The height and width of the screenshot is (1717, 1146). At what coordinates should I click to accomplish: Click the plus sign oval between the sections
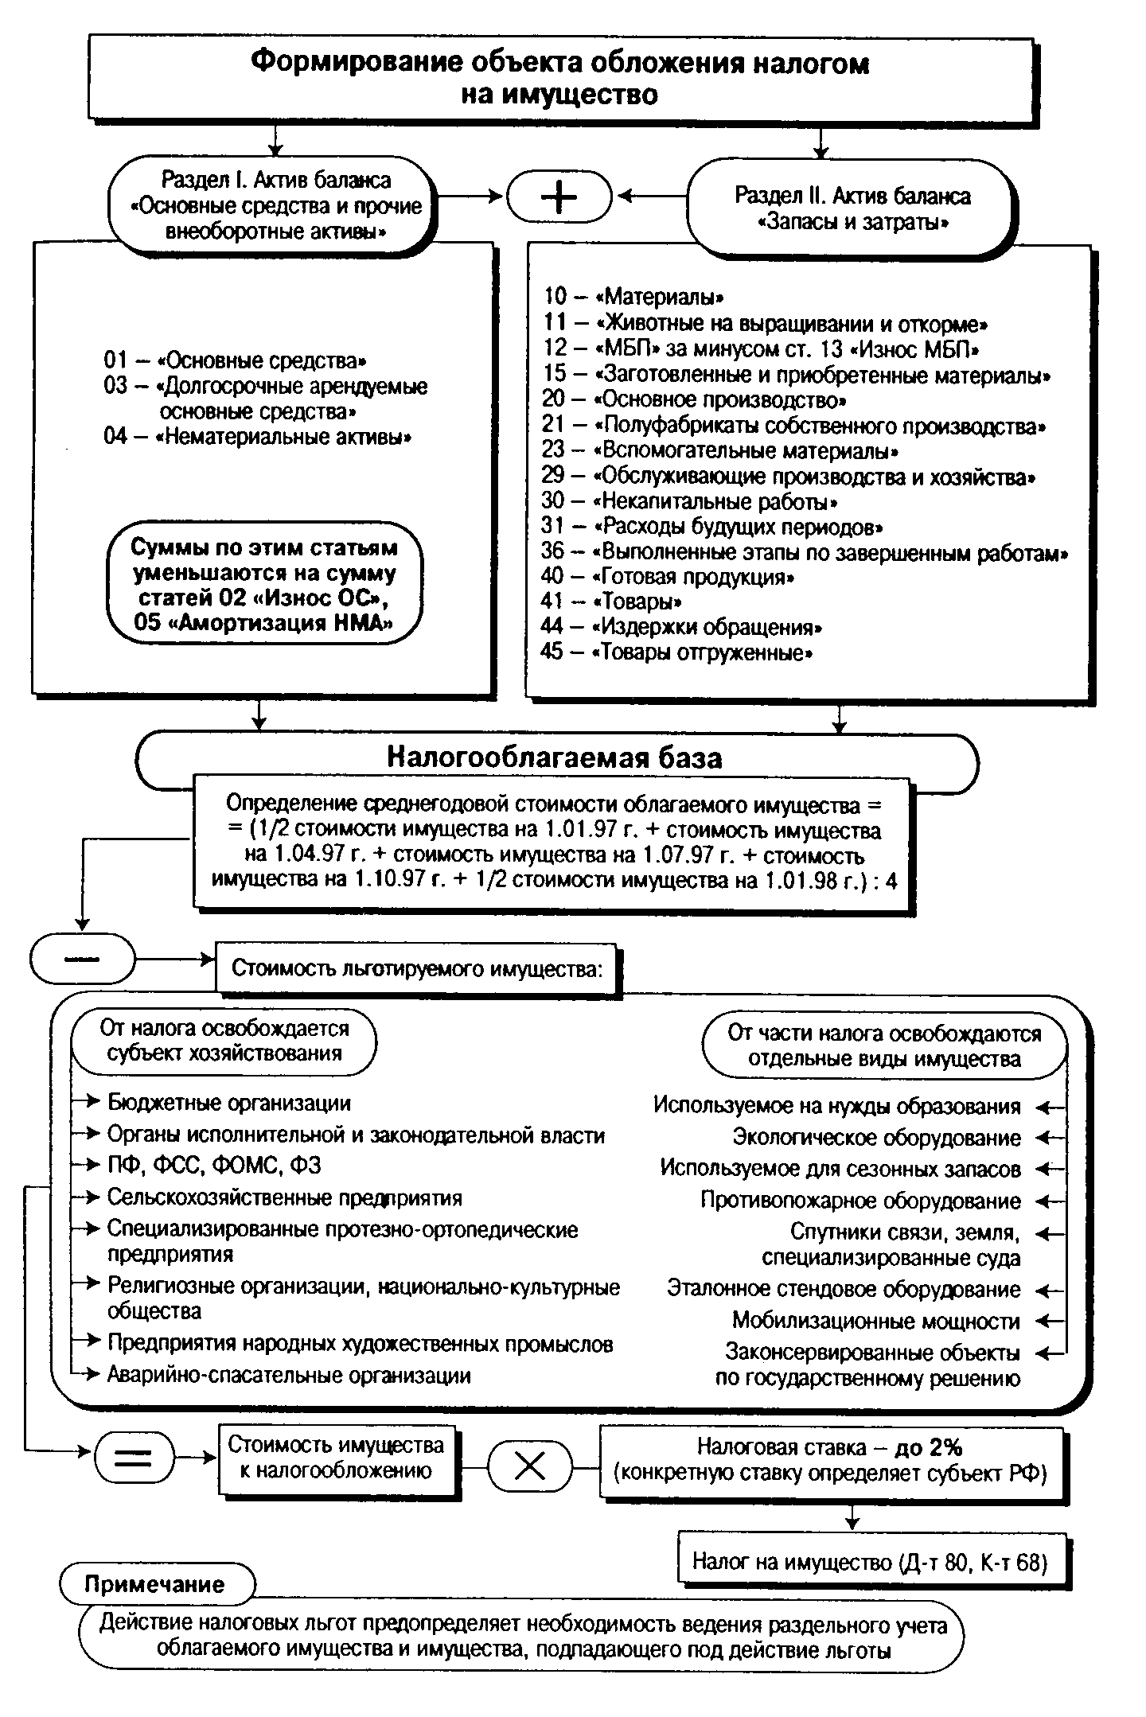(559, 197)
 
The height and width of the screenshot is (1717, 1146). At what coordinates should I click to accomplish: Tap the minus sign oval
(83, 958)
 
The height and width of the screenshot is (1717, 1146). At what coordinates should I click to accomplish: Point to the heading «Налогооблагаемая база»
(555, 757)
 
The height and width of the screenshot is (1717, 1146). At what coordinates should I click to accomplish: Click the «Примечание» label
(155, 1584)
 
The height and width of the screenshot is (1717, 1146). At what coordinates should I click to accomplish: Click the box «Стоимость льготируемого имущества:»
(417, 968)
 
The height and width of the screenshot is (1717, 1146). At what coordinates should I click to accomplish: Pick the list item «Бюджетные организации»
(229, 1104)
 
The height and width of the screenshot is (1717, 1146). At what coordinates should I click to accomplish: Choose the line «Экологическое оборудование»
(876, 1138)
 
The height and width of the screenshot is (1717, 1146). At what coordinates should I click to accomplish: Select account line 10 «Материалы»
(634, 297)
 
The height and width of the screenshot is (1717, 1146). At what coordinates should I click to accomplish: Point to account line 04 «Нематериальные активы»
(258, 437)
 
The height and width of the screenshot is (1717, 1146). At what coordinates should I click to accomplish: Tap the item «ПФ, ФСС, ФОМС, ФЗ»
(214, 1166)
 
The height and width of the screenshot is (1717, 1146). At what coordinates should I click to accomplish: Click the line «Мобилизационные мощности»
(875, 1322)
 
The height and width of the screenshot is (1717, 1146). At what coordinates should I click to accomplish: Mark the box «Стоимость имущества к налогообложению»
(336, 1458)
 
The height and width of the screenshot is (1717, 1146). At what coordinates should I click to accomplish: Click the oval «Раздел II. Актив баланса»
(852, 208)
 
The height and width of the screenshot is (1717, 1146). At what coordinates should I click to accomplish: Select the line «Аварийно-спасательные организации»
(289, 1376)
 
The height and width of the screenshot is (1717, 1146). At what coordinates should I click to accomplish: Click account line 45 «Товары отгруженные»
(678, 653)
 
